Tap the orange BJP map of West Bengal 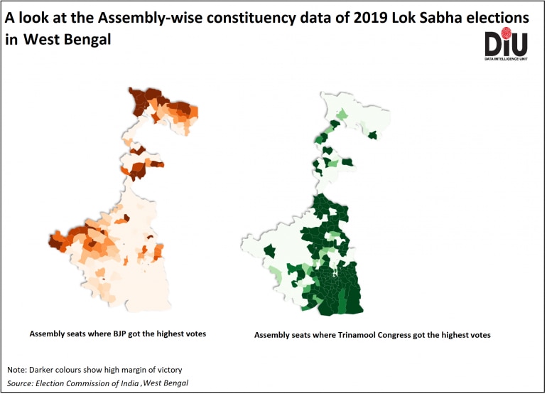[x=117, y=235]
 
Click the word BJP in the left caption [x=115, y=333]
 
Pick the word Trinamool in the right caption [x=359, y=334]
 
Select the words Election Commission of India [x=87, y=383]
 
